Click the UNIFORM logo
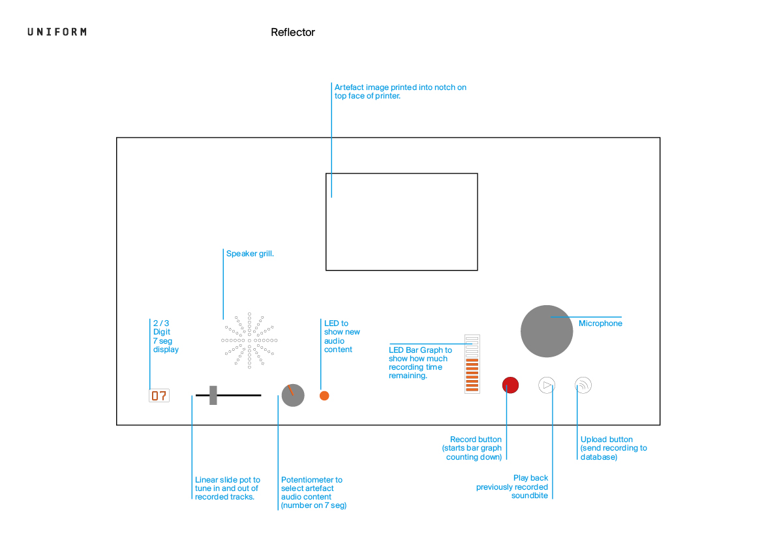[x=57, y=32]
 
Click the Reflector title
[x=293, y=32]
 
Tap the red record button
[x=510, y=385]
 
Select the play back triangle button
[x=547, y=385]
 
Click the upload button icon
[x=583, y=385]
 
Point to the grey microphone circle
[x=547, y=331]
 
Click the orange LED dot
[x=325, y=396]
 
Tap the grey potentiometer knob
[x=293, y=395]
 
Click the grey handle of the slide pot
[x=213, y=395]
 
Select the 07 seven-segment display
[x=159, y=396]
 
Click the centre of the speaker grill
[x=249, y=340]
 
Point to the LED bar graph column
[x=472, y=364]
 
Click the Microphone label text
[x=600, y=323]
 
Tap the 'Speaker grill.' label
[x=250, y=254]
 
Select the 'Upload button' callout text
[x=613, y=448]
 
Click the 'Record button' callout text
[x=472, y=448]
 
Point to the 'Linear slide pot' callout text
[x=228, y=488]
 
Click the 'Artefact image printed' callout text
[x=401, y=91]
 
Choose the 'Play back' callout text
[x=512, y=486]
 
